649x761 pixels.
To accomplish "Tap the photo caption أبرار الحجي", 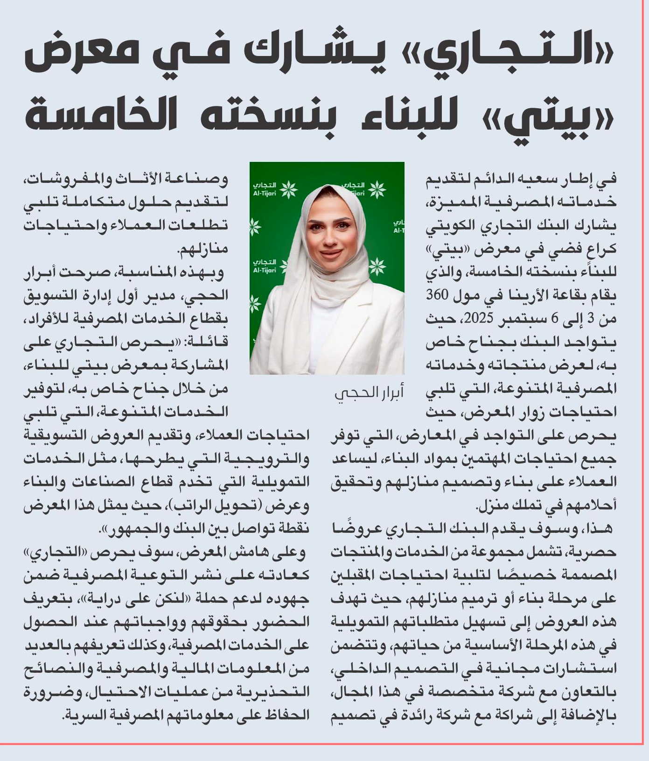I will [x=369, y=393].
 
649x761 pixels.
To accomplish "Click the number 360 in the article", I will [x=437, y=295].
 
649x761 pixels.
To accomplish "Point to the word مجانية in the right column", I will [x=518, y=669].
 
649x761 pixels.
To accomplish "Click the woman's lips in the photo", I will [x=331, y=254].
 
